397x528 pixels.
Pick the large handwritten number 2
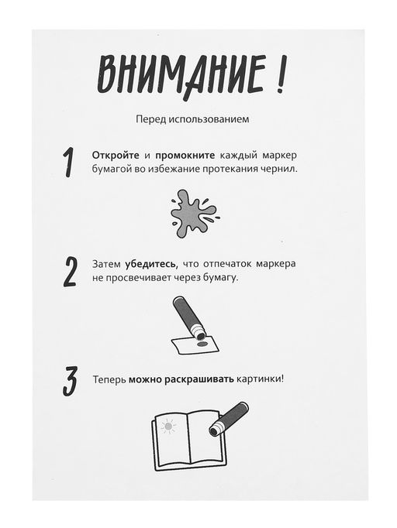(71, 271)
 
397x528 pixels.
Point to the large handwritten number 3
(70, 381)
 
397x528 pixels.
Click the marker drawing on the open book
(229, 418)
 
